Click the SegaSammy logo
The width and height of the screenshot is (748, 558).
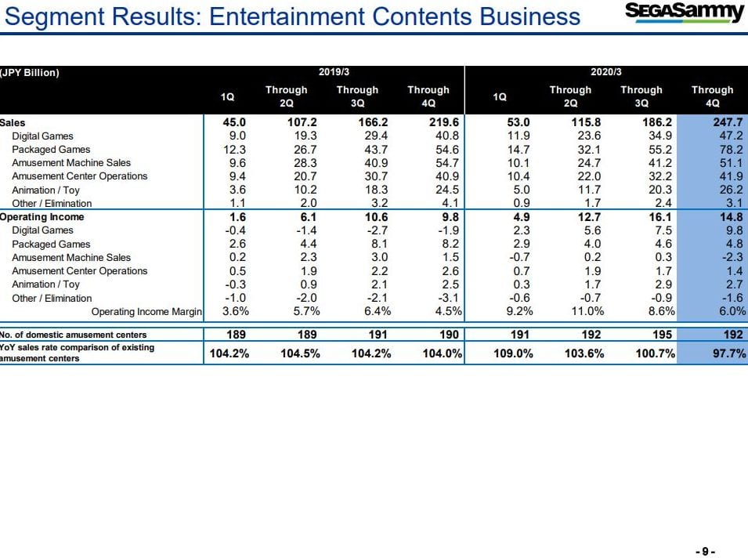[x=684, y=12]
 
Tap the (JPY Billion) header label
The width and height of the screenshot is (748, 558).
[x=30, y=74]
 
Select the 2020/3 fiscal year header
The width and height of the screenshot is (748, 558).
[x=606, y=72]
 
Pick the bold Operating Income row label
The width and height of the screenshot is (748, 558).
[x=42, y=217]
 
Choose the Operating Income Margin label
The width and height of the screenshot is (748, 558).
[x=146, y=312]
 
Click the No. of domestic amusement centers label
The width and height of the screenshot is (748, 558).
[x=73, y=335]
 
